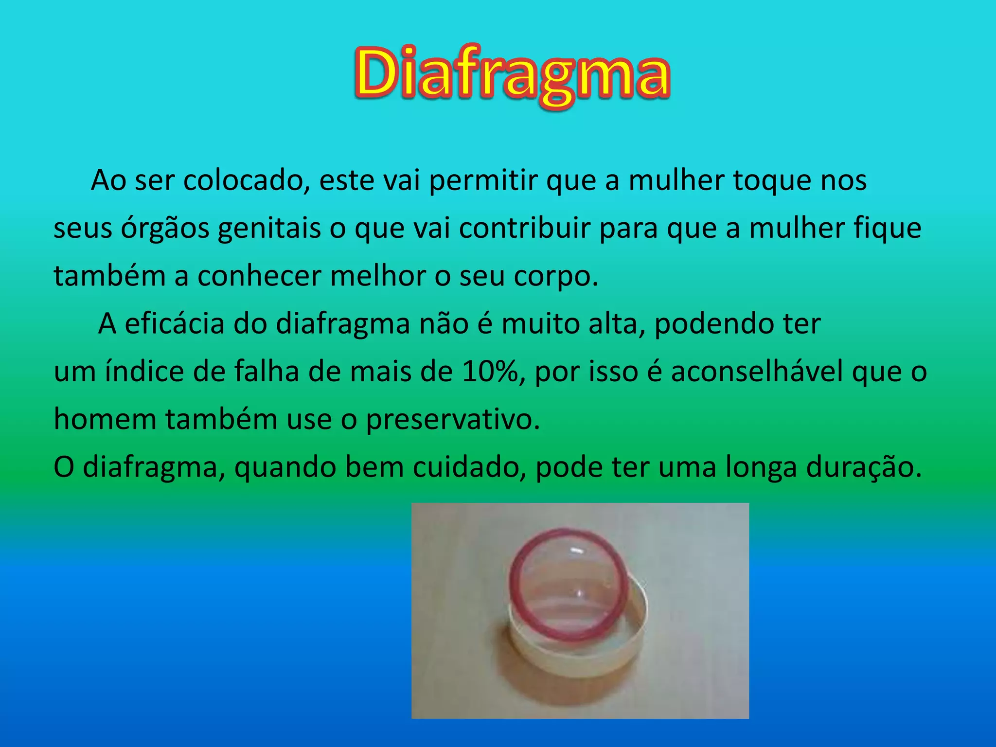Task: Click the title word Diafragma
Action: (x=512, y=74)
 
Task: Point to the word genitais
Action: (x=269, y=229)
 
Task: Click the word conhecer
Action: (x=259, y=276)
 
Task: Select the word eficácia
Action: (x=174, y=323)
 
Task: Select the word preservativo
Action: (x=452, y=419)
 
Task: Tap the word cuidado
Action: (x=469, y=467)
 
